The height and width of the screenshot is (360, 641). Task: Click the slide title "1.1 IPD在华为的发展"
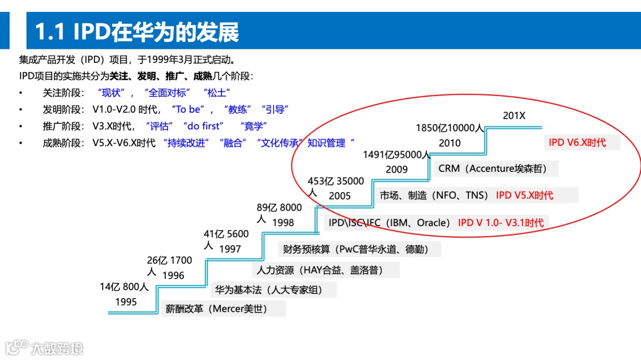(137, 32)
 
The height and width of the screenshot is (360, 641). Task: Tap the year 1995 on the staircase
(126, 302)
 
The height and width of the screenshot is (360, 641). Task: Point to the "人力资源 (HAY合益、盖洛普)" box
(319, 270)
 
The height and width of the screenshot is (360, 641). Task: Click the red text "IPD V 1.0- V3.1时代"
(500, 223)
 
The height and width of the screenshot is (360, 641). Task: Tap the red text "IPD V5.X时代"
(524, 195)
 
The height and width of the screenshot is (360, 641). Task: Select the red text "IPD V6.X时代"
(577, 143)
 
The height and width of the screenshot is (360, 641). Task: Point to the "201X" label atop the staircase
(514, 116)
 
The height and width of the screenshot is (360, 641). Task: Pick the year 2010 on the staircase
(450, 143)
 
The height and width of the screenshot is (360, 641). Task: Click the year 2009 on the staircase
(396, 169)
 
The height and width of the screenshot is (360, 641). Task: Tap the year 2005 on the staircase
(340, 196)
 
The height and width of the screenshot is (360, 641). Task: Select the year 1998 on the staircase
(283, 222)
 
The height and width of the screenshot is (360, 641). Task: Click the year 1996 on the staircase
(173, 275)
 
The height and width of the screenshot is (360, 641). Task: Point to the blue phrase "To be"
(188, 109)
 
